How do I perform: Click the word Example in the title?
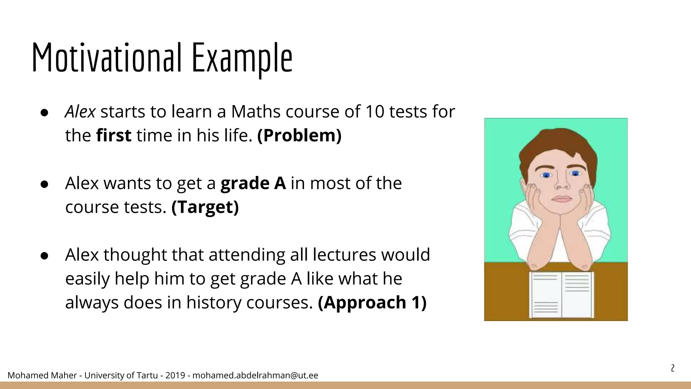pos(242,58)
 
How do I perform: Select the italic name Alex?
pos(80,112)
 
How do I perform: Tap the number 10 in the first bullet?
pos(375,112)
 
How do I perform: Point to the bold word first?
pos(114,136)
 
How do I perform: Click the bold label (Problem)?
pos(299,136)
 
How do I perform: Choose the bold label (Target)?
pos(205,207)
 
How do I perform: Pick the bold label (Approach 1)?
pos(372,303)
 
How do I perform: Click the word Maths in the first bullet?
pos(256,112)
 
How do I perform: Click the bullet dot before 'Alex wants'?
pos(45,184)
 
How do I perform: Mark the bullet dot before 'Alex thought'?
pos(45,256)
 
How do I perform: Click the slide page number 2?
pos(672,368)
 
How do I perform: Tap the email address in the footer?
pos(255,375)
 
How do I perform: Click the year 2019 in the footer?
pos(175,375)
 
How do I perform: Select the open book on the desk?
pos(561,294)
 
